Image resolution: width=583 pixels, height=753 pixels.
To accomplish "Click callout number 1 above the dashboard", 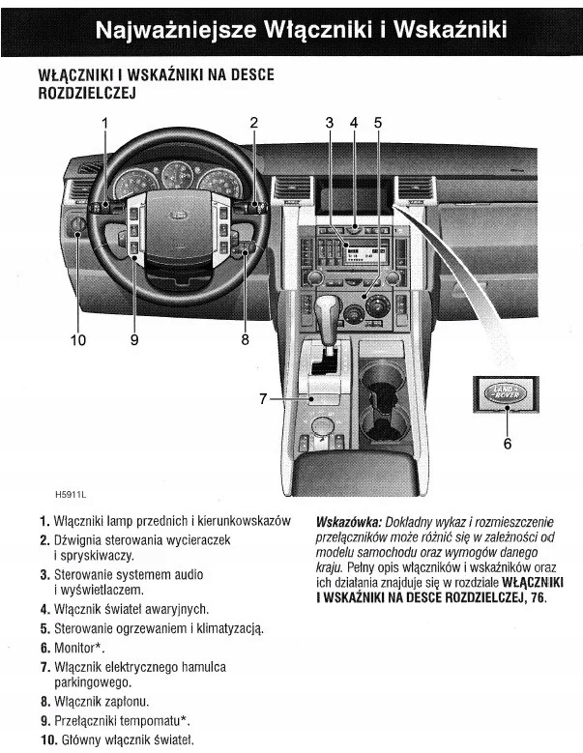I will click(105, 123).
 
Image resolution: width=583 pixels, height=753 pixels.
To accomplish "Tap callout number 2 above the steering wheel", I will click(254, 123).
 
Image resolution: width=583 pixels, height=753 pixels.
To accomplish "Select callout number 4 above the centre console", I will click(354, 123).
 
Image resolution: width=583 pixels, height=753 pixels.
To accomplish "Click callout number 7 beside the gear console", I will click(263, 398).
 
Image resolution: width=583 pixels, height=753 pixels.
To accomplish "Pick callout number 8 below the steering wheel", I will click(245, 339).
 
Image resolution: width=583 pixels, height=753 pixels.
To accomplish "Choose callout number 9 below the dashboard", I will click(133, 339).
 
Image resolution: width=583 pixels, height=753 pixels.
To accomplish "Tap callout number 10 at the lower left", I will click(77, 339).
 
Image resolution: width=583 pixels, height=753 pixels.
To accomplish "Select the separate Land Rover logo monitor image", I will click(508, 393).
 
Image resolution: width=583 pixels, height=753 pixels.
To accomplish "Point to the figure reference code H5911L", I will click(73, 494).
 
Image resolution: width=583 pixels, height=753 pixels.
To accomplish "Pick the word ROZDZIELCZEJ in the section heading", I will click(85, 94).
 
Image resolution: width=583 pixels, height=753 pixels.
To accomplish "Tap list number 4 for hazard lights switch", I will click(44, 610).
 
